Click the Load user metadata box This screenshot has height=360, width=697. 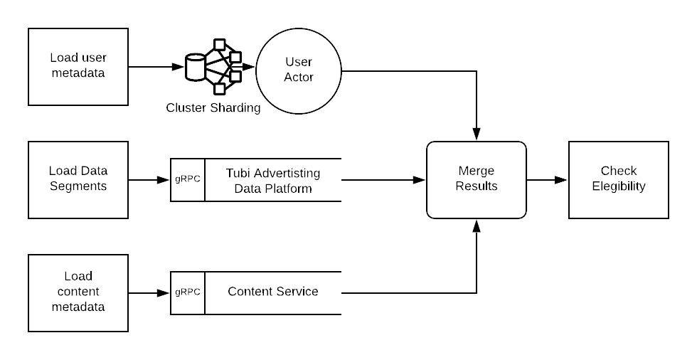[x=78, y=66]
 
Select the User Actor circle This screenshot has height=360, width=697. [x=299, y=70]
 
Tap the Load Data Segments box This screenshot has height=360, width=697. [x=78, y=179]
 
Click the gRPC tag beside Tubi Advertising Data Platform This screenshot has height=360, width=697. [x=188, y=179]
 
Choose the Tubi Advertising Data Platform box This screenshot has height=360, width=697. [x=273, y=180]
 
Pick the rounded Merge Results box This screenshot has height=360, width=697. [x=477, y=179]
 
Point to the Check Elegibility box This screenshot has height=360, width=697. [x=619, y=179]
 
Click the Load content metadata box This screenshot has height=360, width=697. [x=78, y=292]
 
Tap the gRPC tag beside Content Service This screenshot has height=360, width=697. [x=188, y=292]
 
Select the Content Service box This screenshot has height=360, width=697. [x=273, y=292]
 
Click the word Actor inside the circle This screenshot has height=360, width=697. [x=299, y=78]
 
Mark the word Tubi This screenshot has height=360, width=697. [x=240, y=173]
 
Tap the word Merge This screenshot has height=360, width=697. [x=477, y=171]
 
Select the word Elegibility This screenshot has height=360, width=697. [x=619, y=187]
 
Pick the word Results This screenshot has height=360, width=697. [x=477, y=187]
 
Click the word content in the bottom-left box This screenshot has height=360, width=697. [x=78, y=292]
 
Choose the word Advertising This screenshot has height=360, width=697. [x=288, y=173]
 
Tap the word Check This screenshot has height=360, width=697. [x=619, y=171]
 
